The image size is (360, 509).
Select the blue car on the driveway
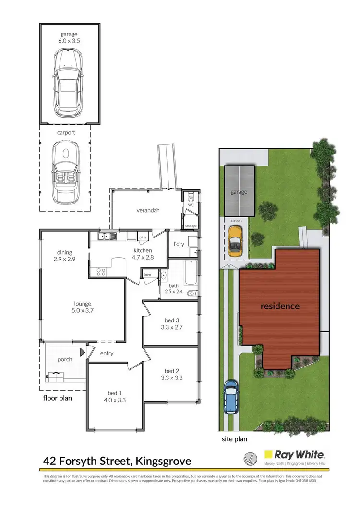click(231, 397)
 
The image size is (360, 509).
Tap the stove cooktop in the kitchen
click(101, 272)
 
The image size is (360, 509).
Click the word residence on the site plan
click(280, 306)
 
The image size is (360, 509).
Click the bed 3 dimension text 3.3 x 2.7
click(171, 328)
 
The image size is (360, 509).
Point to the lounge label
click(83, 303)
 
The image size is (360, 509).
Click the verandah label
click(148, 210)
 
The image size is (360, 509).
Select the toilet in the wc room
click(191, 197)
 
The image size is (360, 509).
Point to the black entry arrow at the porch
click(83, 353)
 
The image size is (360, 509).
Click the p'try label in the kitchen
click(143, 237)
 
